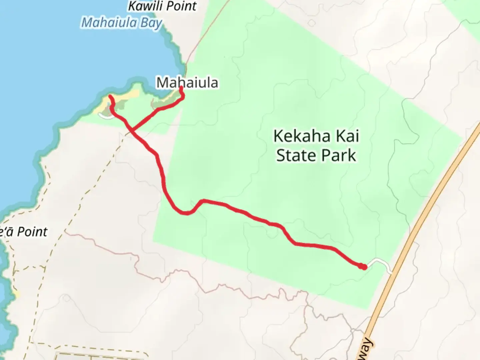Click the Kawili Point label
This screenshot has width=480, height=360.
pos(162,6)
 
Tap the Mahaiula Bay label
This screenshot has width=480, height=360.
pos(122,23)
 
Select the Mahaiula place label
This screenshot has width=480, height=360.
pos(187,82)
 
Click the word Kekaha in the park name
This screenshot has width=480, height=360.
pos(302,136)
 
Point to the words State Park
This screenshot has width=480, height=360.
pos(316,155)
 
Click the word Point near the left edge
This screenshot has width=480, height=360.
pos(32,232)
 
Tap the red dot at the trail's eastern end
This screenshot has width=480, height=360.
pos(364,267)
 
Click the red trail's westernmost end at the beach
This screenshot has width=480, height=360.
pos(110,97)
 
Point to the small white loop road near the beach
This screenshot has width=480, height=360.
pos(104,116)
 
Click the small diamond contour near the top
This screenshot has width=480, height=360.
pos(311,23)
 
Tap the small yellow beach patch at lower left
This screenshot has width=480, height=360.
pos(16,294)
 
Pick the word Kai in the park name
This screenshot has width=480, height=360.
pos(347,136)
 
